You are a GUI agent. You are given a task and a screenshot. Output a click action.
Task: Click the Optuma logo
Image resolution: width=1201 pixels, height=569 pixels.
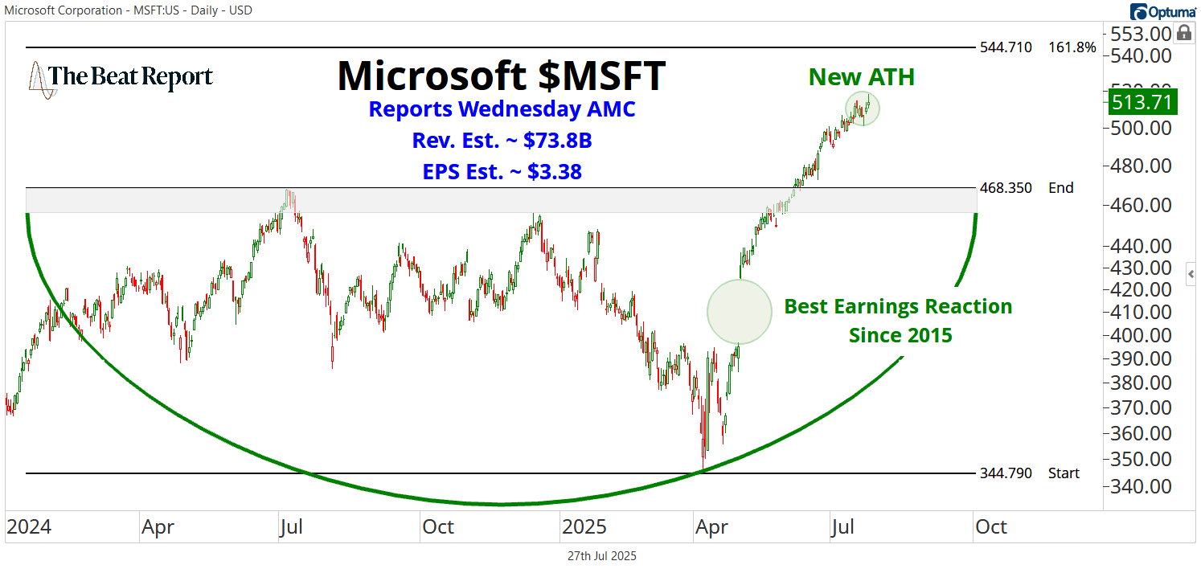(x=1162, y=10)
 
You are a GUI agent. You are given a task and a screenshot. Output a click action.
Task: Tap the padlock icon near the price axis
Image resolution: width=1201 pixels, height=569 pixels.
(x=1183, y=33)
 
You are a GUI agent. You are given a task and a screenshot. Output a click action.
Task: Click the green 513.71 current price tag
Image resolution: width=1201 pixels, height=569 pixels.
(x=1141, y=102)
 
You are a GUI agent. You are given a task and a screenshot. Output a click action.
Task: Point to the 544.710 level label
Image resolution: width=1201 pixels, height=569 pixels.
(x=1006, y=47)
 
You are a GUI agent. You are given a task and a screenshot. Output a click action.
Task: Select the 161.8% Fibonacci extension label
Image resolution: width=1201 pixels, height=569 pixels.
(x=1072, y=47)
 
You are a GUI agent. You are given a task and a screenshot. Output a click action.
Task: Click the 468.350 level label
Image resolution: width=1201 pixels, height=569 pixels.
(x=1006, y=188)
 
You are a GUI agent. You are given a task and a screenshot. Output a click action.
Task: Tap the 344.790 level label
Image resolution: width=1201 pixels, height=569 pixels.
(x=1006, y=473)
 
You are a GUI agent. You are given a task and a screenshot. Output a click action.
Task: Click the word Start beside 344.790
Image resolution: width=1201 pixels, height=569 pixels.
(x=1064, y=473)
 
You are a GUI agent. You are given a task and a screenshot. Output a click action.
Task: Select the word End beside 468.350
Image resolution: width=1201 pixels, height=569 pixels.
(x=1060, y=188)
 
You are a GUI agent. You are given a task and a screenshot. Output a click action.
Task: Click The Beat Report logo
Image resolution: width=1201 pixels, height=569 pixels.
(x=121, y=78)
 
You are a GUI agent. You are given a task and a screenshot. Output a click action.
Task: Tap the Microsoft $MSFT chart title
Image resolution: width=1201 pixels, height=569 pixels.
(x=502, y=75)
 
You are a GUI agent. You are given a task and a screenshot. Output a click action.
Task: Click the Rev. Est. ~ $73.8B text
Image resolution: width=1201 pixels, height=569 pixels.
(x=502, y=141)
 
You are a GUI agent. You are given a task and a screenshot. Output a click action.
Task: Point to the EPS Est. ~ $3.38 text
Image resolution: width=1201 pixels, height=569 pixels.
(x=502, y=171)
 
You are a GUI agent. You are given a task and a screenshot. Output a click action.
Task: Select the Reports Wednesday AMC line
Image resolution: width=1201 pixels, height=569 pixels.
(x=502, y=109)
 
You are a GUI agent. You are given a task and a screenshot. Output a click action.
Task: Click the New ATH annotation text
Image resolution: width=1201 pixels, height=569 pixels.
(x=861, y=77)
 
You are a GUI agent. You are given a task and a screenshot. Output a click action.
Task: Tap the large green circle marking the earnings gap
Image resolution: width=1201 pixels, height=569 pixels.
(x=739, y=312)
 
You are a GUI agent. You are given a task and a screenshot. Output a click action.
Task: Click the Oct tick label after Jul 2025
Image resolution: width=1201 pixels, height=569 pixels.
(x=990, y=527)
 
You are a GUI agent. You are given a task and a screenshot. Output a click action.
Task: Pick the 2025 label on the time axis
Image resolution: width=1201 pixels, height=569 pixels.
(x=585, y=527)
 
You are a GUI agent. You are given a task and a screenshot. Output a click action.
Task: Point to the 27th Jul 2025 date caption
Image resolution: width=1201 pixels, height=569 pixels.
(x=601, y=556)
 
